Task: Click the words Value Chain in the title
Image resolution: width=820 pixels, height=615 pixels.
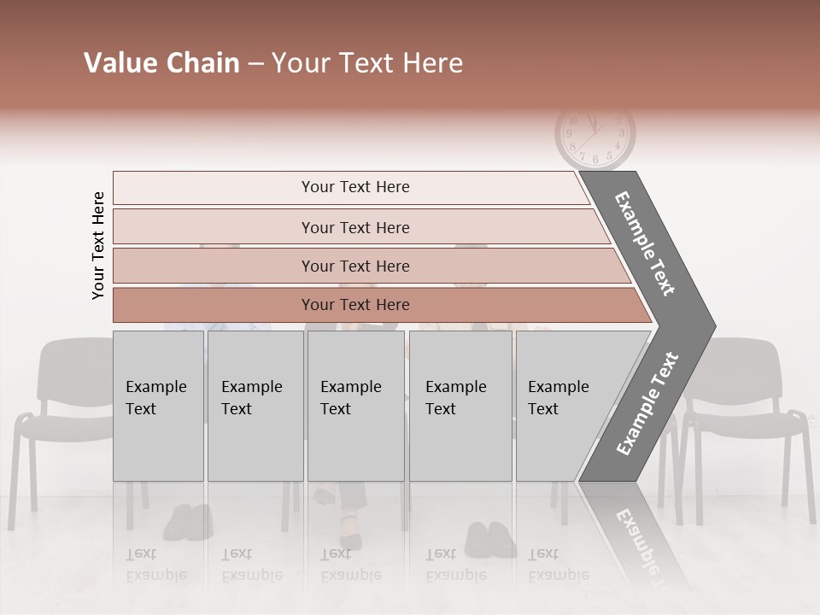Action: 161,64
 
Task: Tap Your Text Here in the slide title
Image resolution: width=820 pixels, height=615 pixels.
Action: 367,64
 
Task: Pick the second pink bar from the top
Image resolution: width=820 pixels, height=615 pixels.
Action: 354,227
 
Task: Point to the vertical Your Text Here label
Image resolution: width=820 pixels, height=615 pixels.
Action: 98,245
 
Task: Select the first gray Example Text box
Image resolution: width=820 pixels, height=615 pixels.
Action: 158,405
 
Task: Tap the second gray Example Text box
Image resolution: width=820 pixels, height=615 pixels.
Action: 255,405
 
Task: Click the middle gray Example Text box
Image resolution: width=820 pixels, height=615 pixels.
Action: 355,405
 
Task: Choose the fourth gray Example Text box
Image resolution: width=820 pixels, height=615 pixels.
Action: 460,405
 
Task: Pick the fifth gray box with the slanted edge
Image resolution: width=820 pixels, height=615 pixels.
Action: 564,405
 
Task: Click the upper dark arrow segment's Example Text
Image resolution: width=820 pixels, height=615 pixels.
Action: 645,243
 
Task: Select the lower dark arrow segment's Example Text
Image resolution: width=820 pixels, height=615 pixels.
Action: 647,404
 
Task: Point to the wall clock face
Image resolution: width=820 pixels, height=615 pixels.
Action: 595,135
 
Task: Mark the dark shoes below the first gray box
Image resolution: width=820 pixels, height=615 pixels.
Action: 188,521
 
